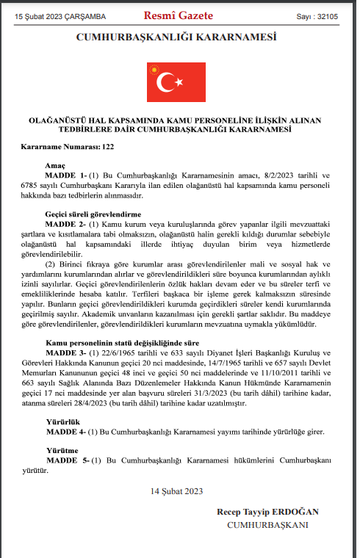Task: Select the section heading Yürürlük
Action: [61, 422]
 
